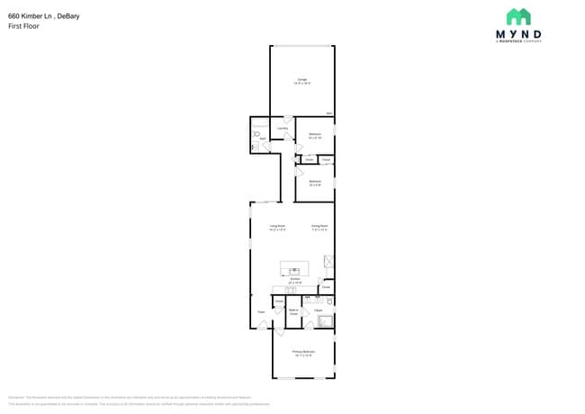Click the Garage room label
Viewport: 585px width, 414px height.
[302, 80]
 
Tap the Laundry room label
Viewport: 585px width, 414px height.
[283, 128]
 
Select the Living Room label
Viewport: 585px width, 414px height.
[277, 226]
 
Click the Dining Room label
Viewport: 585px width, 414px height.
[319, 226]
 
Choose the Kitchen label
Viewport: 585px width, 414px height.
[295, 279]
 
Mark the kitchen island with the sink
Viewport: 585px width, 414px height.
[294, 268]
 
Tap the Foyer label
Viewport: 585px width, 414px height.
[261, 312]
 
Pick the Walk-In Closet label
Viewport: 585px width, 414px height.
[293, 311]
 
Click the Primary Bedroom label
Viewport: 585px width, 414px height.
[303, 351]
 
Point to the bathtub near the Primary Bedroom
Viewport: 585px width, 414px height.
[325, 321]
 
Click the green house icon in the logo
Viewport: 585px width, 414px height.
[518, 17]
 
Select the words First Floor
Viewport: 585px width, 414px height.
[23, 26]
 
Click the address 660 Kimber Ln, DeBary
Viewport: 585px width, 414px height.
[43, 15]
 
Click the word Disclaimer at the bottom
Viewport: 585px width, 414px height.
[16, 397]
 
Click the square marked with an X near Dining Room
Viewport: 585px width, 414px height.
[329, 261]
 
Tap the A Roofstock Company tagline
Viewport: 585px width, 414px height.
[518, 40]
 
